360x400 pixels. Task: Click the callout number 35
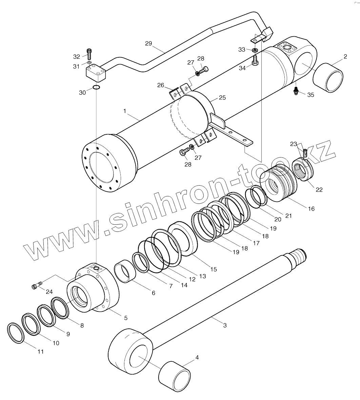[311, 95]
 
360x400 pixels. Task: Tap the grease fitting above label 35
[296, 91]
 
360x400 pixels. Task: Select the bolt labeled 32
[89, 54]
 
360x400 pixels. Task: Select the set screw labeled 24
[36, 286]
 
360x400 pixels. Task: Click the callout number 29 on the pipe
[148, 43]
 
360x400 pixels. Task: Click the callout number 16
[311, 208]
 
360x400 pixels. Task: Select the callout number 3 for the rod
[225, 325]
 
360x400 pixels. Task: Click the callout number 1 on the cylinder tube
[125, 111]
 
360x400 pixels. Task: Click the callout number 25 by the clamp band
[222, 98]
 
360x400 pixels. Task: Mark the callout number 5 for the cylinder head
[126, 318]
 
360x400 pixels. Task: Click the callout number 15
[213, 269]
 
